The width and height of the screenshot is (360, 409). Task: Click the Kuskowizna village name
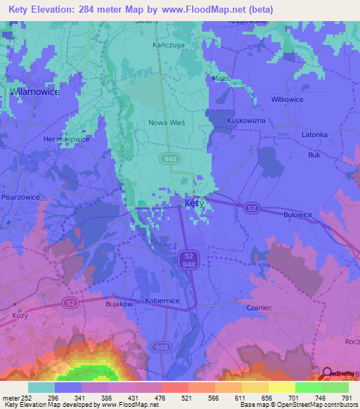point(246,121)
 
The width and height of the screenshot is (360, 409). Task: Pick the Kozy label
point(20,316)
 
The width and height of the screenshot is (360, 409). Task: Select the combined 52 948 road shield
point(188,260)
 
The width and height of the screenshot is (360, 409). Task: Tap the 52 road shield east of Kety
point(250,207)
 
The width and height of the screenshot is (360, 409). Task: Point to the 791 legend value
point(347,398)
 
